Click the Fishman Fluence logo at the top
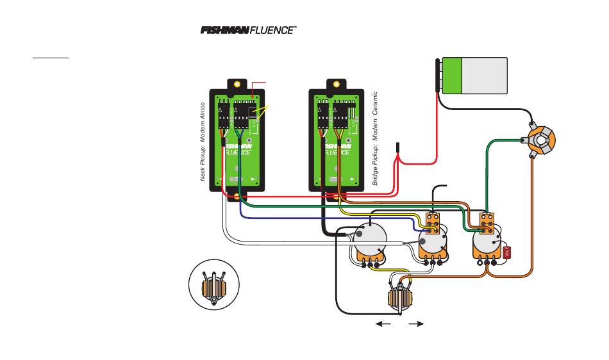coord(248,30)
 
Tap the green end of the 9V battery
coord(452,76)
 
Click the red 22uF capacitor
coord(507,252)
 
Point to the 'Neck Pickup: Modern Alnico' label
coord(203,141)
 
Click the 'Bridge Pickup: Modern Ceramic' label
coord(376,138)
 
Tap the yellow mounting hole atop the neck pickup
coord(237,84)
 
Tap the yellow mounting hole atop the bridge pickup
coord(335,84)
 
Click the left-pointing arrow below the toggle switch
coord(383,324)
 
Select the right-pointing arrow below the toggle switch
coord(416,324)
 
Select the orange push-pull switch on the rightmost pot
coord(487,222)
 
